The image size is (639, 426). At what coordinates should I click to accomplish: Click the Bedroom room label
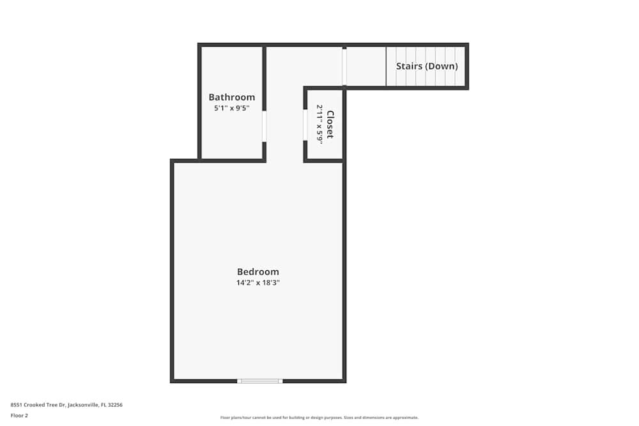point(258,271)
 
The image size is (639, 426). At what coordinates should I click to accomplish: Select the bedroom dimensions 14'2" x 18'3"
point(258,282)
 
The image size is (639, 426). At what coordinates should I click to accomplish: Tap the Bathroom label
point(231,97)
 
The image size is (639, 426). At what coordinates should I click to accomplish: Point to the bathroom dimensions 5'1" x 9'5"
point(231,108)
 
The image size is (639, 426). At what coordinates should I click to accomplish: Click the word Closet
point(330,125)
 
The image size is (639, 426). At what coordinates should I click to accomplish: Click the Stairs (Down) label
point(427,66)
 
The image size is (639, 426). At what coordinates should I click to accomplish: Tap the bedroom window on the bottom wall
point(259,381)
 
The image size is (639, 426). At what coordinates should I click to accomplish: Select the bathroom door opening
point(264,126)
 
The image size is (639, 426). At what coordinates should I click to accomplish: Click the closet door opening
point(305,125)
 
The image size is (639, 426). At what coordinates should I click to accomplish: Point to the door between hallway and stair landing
point(344,67)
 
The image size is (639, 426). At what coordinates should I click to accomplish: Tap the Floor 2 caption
point(19,415)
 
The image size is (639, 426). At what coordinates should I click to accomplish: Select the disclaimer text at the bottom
point(319,417)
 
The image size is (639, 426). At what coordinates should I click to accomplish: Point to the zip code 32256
point(115,404)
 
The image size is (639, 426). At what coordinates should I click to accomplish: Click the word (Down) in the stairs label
point(442,66)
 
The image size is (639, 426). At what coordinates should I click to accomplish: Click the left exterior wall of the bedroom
point(173,271)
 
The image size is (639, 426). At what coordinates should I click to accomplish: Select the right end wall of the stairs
point(466,66)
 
